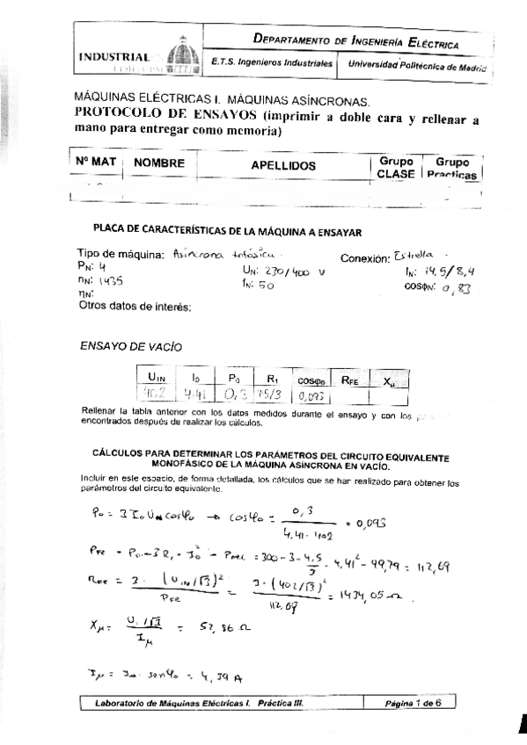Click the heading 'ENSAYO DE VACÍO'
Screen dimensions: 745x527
point(131,346)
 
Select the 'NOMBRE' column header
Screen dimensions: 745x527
point(159,163)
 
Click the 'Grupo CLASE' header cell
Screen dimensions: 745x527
point(395,168)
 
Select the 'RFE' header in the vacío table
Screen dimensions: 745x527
point(349,380)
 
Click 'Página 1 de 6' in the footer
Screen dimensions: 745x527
point(416,704)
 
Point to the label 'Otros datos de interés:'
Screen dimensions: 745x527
point(135,307)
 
